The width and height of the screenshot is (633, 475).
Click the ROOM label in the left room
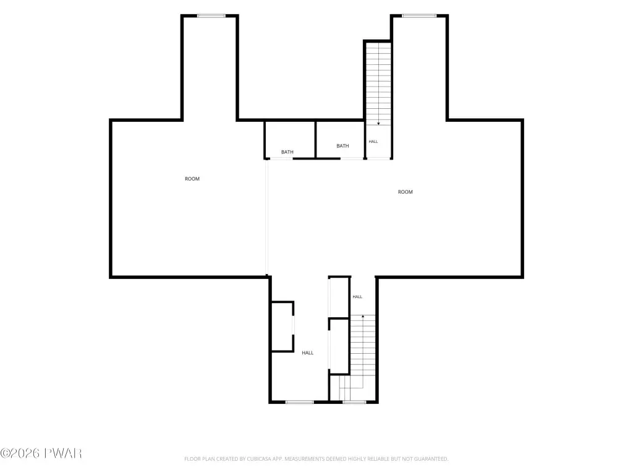(192, 179)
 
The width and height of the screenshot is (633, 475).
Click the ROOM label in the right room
(406, 192)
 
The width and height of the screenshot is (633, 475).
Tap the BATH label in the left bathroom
(287, 152)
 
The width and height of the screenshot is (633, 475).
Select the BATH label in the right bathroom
(342, 146)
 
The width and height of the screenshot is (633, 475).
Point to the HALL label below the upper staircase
(373, 142)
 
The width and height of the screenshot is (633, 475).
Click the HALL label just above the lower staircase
(357, 297)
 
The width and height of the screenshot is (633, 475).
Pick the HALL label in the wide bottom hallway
(308, 353)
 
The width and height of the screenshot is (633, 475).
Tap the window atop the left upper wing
(211, 15)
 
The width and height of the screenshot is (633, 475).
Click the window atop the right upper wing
(420, 15)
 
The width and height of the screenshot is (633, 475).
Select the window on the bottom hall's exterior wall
(300, 402)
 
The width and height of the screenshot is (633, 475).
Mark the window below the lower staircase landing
(354, 402)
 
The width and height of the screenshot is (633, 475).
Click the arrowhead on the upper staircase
(378, 124)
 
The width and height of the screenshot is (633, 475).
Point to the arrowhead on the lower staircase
(363, 316)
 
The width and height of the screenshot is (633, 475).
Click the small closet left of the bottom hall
(282, 327)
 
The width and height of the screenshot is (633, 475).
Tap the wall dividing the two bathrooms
(315, 139)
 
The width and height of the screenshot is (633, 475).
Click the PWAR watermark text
(63, 453)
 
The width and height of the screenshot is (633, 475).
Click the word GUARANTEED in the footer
(431, 459)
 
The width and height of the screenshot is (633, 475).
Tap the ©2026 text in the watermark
(20, 453)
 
